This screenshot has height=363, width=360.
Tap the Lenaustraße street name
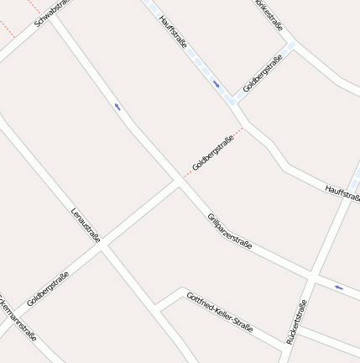pyautogui.click(x=86, y=224)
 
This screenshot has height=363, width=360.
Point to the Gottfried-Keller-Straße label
pyautogui.click(x=219, y=311)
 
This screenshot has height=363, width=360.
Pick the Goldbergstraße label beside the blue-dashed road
pyautogui.click(x=263, y=73)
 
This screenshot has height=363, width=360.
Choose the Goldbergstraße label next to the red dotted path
pyautogui.click(x=211, y=153)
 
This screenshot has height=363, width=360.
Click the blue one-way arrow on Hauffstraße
pyautogui.click(x=217, y=83)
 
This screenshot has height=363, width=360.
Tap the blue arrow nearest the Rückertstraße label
pyautogui.click(x=339, y=287)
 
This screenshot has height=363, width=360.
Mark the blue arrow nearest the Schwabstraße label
pyautogui.click(x=117, y=107)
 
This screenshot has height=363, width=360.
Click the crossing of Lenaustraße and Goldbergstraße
pyautogui.click(x=102, y=246)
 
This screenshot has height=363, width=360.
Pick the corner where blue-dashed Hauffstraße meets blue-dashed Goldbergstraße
pyautogui.click(x=232, y=100)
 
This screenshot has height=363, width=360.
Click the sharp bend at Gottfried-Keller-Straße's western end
pyautogui.click(x=156, y=308)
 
